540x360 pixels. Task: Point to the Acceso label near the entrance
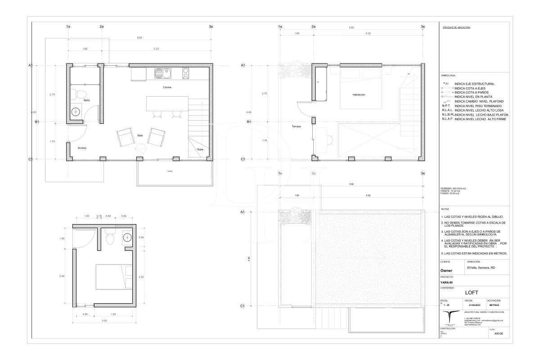click(x=82, y=148)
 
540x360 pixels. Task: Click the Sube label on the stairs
click(x=199, y=149)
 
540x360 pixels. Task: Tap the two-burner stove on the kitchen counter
click(x=185, y=73)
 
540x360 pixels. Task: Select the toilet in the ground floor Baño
click(x=81, y=95)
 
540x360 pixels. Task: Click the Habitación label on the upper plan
click(x=359, y=95)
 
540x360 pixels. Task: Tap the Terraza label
click(x=296, y=127)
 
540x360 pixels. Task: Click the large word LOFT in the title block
click(x=474, y=292)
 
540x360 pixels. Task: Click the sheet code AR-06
click(x=498, y=334)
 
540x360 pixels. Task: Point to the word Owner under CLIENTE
click(x=446, y=270)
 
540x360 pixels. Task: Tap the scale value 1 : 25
click(x=446, y=305)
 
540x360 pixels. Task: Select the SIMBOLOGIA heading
click(x=449, y=76)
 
